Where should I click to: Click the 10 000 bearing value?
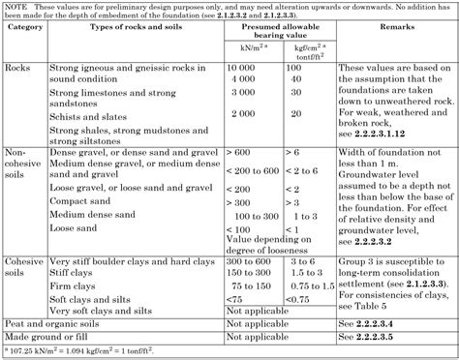244,71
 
